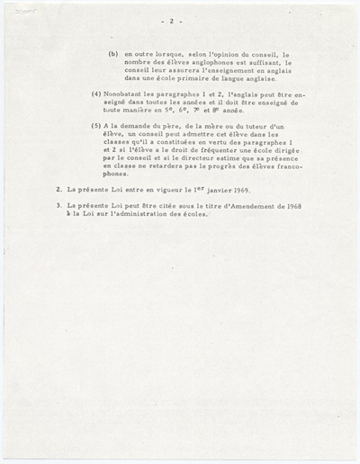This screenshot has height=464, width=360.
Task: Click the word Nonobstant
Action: [121, 94]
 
